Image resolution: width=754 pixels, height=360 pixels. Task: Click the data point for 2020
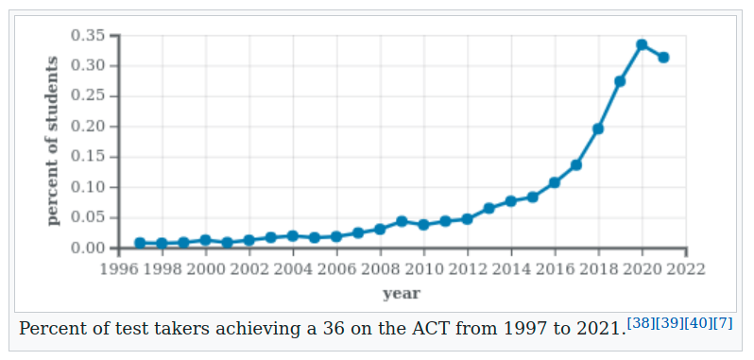pos(642,44)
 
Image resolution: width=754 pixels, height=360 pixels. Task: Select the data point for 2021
pos(663,58)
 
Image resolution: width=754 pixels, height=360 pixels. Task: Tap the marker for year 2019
pos(620,81)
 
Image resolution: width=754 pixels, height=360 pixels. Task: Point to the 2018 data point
pos(598,129)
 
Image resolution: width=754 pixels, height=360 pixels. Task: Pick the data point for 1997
pos(140,243)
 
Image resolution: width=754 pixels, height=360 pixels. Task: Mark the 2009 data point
pos(402,221)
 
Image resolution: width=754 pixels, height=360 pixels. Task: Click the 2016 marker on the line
pos(555,182)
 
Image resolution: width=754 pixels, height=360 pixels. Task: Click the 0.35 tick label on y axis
pos(87,35)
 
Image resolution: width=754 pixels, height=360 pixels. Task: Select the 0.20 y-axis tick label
pos(87,127)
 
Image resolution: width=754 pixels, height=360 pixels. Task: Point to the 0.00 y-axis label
pos(87,248)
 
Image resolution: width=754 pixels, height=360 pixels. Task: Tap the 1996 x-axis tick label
pos(118,268)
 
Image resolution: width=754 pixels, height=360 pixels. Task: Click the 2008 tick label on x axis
pos(380,268)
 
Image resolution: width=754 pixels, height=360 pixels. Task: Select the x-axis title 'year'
pos(402,293)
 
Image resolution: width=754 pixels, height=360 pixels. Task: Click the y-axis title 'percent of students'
pos(53,142)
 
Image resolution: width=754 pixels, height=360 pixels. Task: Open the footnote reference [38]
pos(641,323)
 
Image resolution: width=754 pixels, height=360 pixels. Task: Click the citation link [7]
pos(724,323)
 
